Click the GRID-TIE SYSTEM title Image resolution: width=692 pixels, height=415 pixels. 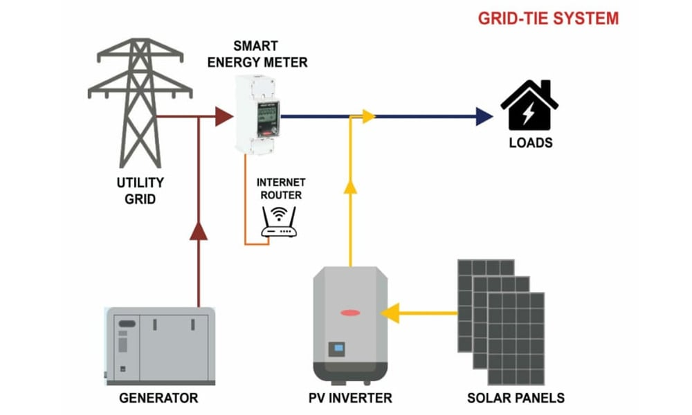548,18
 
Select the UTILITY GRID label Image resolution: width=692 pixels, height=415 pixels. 140,191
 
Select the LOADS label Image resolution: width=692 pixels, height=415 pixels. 531,144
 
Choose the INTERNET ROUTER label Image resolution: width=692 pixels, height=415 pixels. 280,189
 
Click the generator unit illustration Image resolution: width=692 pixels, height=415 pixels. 160,344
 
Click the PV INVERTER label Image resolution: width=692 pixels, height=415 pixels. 350,398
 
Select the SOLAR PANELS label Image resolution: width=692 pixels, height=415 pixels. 516,398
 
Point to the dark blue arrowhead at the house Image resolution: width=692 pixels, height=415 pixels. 484,116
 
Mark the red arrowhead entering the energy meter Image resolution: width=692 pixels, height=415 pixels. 224,116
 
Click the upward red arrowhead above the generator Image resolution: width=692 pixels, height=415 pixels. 199,231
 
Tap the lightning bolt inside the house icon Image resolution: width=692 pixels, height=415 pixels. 529,112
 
